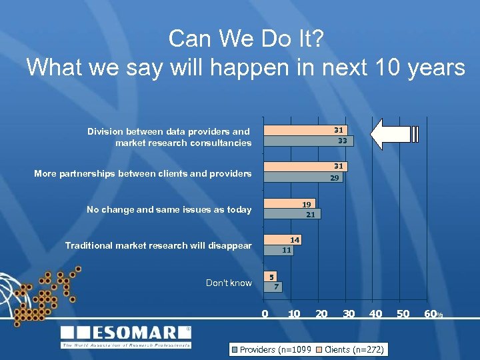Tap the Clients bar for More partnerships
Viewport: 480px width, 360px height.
click(x=305, y=166)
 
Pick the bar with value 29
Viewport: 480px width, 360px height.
click(x=303, y=178)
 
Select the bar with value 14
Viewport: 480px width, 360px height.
click(x=283, y=239)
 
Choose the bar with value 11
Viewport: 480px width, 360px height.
click(x=279, y=251)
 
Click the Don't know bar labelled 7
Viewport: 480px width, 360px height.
click(x=274, y=287)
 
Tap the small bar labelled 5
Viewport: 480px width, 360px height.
click(x=271, y=276)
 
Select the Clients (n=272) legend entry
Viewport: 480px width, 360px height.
click(x=349, y=349)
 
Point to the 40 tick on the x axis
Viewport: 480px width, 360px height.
click(x=376, y=313)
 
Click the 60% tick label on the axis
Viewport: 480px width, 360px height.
click(x=433, y=313)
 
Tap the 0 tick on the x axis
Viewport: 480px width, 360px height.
click(x=265, y=313)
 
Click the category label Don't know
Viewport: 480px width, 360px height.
click(x=229, y=283)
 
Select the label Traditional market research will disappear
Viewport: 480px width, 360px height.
click(x=158, y=245)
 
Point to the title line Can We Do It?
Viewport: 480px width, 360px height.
click(x=246, y=39)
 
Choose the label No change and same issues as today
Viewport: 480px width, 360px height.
click(x=169, y=209)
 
